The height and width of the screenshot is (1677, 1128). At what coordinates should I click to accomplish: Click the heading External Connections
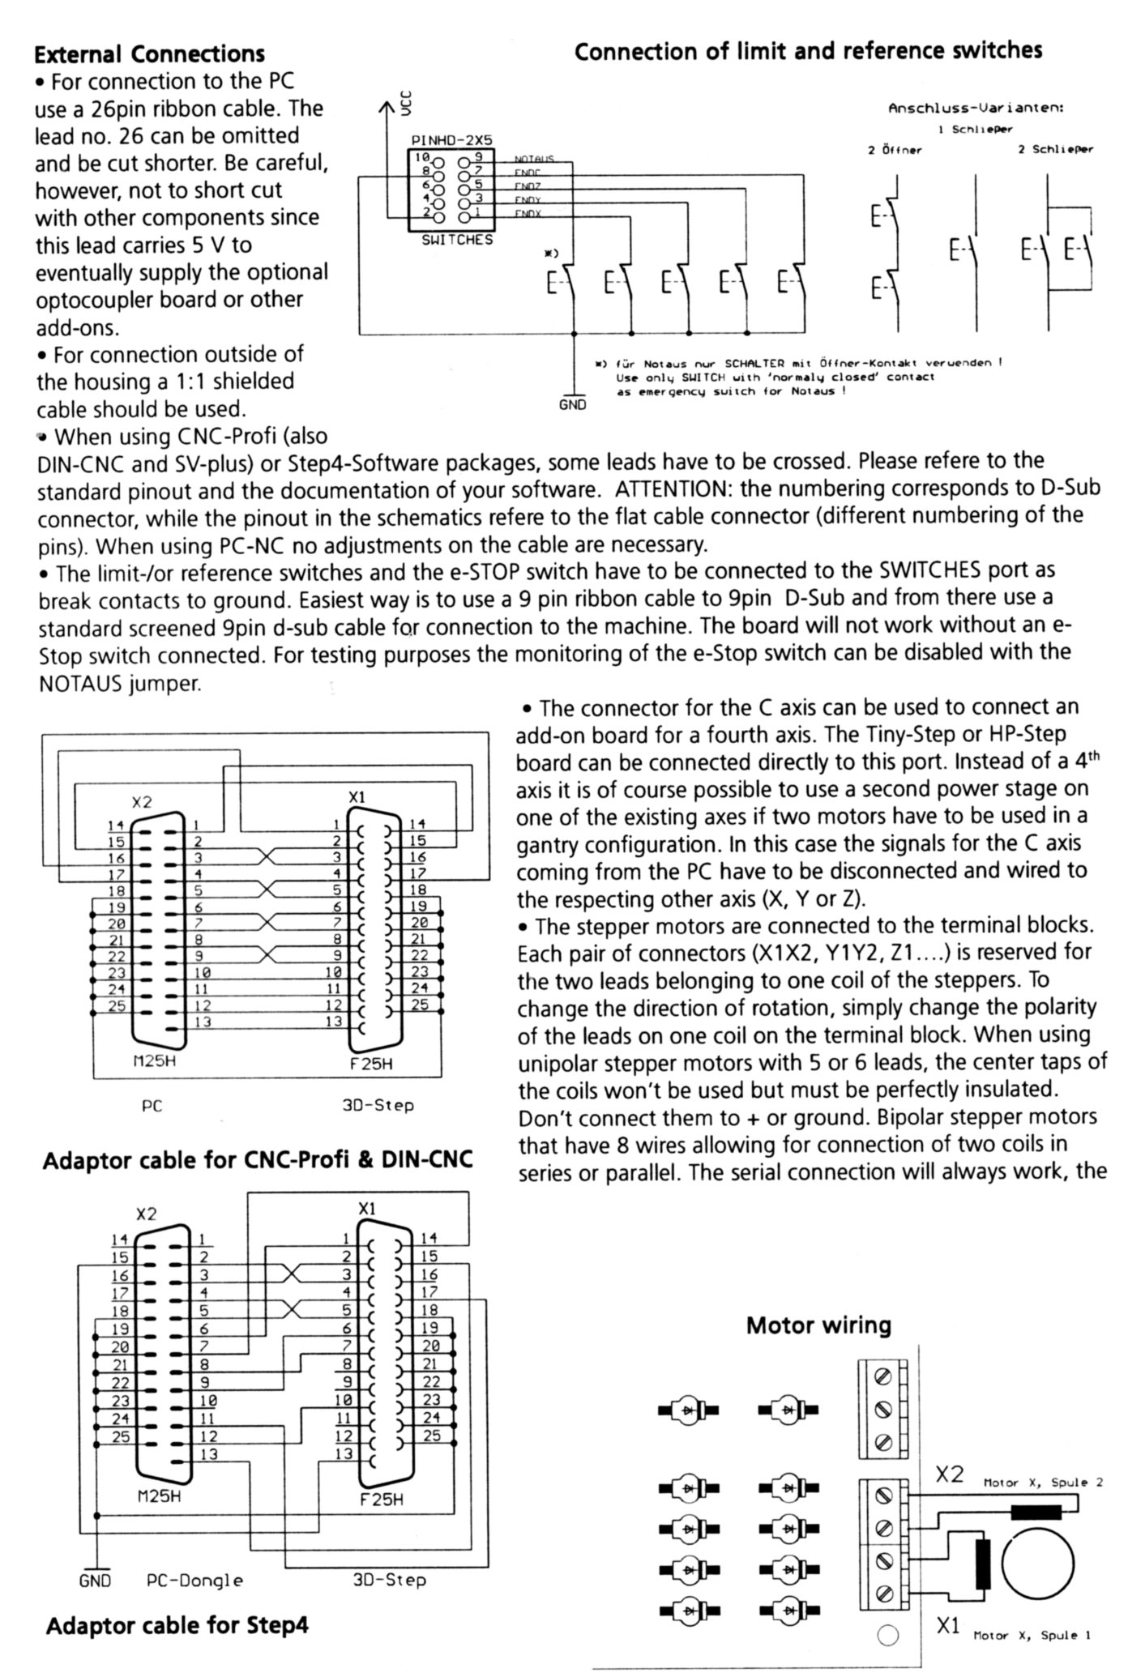[149, 54]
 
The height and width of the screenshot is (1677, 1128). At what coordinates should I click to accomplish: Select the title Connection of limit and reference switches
[808, 51]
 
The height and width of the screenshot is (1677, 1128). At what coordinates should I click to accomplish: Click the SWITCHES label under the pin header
[457, 240]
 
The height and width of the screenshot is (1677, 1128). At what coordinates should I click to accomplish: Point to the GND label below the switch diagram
[572, 405]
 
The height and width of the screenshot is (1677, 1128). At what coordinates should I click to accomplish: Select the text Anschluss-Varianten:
[976, 108]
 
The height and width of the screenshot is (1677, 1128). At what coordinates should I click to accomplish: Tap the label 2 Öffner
[895, 150]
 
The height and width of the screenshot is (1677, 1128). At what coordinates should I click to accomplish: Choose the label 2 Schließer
[1055, 149]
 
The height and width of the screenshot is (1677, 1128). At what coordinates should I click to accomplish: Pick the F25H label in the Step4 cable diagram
[381, 1500]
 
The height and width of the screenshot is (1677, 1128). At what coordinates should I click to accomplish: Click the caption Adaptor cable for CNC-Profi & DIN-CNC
[258, 1160]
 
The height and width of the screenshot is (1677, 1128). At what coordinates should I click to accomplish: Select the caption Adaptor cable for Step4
[177, 1626]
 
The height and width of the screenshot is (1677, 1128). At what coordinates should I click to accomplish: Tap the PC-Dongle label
[194, 1580]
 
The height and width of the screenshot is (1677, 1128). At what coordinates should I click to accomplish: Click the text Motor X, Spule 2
[1043, 1483]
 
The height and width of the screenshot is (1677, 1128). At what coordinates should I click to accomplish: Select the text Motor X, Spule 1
[1032, 1636]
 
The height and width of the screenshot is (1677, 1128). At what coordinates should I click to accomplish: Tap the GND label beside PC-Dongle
[95, 1581]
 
